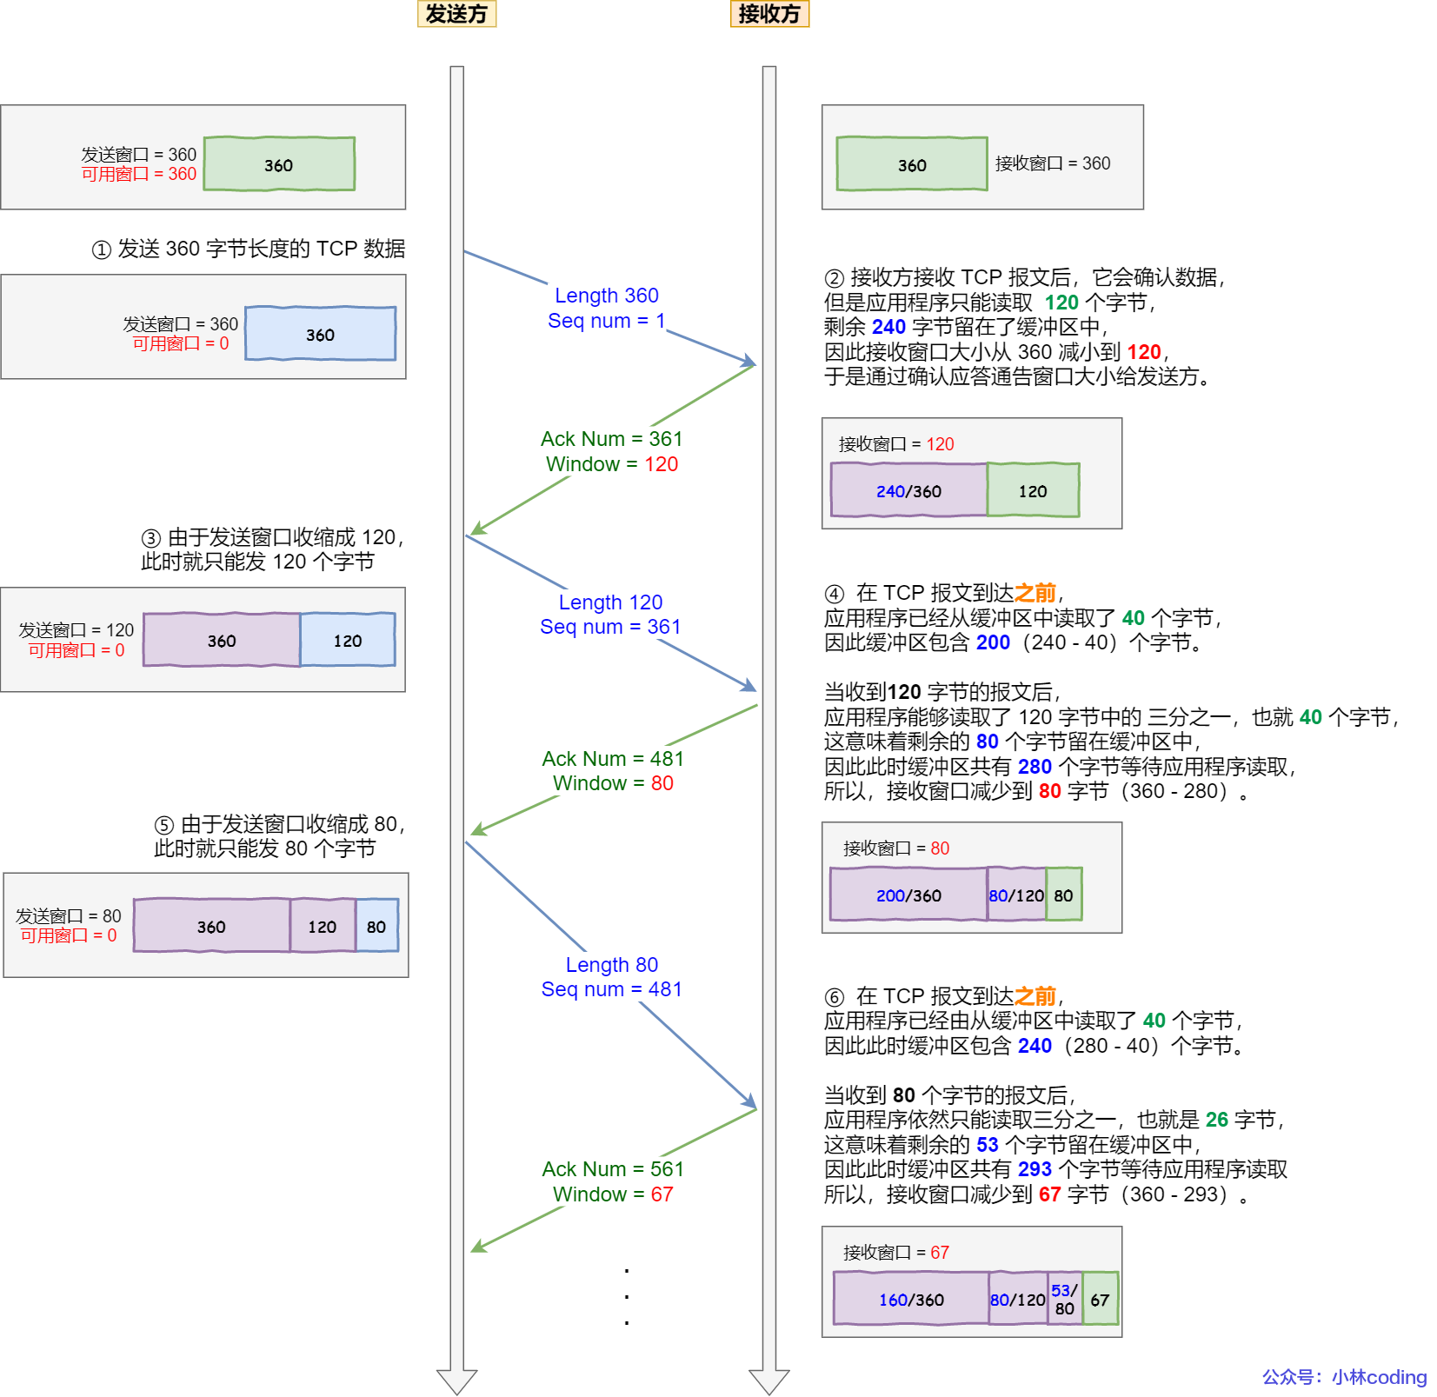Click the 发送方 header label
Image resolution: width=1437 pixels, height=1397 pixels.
click(456, 14)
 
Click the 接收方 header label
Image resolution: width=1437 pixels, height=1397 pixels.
click(769, 14)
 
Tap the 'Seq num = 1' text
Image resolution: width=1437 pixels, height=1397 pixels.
click(606, 321)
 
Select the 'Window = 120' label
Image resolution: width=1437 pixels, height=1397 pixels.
click(612, 464)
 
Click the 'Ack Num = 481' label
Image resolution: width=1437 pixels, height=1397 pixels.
click(613, 759)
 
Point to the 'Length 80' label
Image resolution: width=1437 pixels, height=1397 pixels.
click(612, 965)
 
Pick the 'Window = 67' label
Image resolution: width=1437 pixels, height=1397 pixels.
click(613, 1194)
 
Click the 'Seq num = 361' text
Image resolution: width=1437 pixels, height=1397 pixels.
click(610, 627)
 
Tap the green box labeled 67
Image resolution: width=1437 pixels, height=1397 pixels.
click(1101, 1299)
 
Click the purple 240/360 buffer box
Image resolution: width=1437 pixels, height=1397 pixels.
click(908, 490)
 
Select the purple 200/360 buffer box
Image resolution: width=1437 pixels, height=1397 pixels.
click(908, 895)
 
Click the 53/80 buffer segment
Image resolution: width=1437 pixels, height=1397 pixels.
click(1065, 1299)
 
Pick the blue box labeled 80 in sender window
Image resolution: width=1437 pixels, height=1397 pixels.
click(376, 926)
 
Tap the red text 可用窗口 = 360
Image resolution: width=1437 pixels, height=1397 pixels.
click(139, 174)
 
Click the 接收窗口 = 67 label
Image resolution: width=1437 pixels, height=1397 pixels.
click(895, 1253)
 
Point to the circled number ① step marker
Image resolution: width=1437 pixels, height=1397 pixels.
click(102, 250)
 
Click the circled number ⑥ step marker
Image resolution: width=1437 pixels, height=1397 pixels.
click(835, 997)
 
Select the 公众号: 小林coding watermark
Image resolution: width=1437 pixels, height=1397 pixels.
click(1344, 1377)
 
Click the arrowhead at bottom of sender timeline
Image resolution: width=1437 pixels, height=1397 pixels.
click(456, 1381)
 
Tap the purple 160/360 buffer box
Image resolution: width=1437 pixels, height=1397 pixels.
click(911, 1299)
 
